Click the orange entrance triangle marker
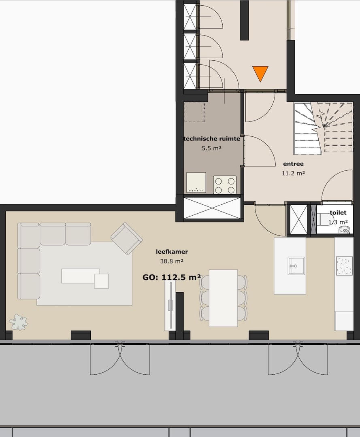[x=260, y=73]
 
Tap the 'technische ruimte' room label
[x=212, y=139]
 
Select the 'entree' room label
[x=293, y=164]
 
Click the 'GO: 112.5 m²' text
[x=172, y=278]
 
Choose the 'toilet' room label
[x=338, y=212]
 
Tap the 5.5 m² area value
[x=211, y=148]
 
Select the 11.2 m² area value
[x=293, y=173]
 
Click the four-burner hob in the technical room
[x=225, y=185]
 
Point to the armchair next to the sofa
[x=127, y=238]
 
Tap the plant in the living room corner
[x=18, y=322]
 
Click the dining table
[x=223, y=298]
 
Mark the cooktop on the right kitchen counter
[x=344, y=266]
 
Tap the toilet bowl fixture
[x=324, y=220]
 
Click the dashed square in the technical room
[x=194, y=112]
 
